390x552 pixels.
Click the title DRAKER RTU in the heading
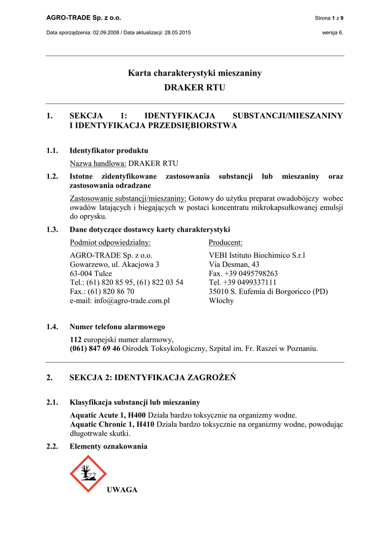(x=195, y=87)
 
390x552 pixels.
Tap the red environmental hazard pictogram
(x=88, y=473)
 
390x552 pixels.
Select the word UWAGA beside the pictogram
(x=122, y=489)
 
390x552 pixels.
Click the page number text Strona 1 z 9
(x=329, y=18)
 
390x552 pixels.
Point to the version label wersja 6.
(x=332, y=32)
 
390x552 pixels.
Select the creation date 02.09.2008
(x=106, y=32)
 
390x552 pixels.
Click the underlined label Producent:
(x=225, y=243)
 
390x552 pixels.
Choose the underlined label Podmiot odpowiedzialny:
(x=110, y=243)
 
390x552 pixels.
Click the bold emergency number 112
(x=76, y=340)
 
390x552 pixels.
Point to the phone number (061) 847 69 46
(x=95, y=349)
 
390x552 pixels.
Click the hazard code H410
(x=144, y=424)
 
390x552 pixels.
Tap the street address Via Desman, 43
(x=234, y=264)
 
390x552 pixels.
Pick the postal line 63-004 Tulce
(x=91, y=273)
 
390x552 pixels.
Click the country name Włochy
(x=221, y=301)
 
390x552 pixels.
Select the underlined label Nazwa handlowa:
(x=98, y=163)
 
